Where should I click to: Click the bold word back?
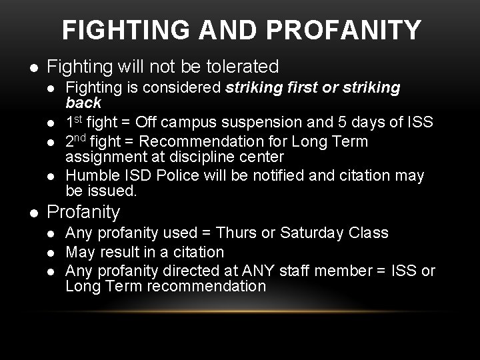click(83, 103)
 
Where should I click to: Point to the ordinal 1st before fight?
click(73, 122)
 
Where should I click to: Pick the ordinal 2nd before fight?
click(77, 141)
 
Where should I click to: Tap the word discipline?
click(181, 157)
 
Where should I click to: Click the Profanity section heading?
click(84, 213)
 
